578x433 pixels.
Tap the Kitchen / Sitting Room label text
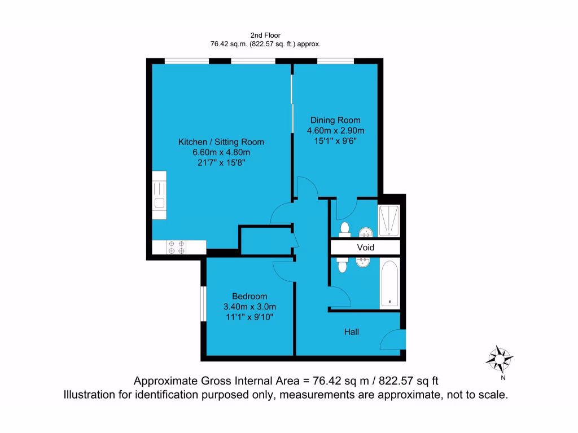[221, 142]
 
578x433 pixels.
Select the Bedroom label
[249, 296]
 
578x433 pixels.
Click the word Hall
[352, 332]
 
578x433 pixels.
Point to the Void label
[365, 247]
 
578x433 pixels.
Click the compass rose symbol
[500, 358]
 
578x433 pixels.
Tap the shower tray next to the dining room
[390, 220]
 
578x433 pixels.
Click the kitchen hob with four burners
[177, 247]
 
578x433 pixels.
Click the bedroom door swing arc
[282, 270]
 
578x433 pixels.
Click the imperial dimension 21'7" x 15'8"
[221, 162]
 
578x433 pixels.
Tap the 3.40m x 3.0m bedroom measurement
[249, 307]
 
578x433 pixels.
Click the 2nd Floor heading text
[265, 35]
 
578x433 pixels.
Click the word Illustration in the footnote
[94, 395]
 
